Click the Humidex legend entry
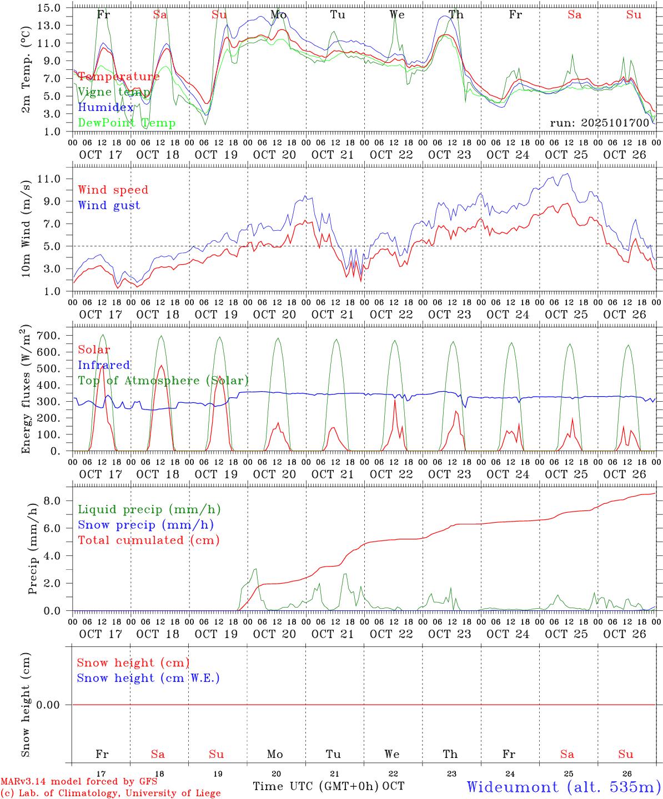106,108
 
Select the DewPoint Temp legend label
127,123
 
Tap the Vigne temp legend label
114,92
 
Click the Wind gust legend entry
109,205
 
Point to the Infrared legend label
104,365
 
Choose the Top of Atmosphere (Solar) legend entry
163,381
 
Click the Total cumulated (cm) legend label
149,540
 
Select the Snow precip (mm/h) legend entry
145,525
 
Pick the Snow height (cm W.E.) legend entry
148,678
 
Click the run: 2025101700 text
600,123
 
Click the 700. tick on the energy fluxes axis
50,336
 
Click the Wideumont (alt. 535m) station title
563,787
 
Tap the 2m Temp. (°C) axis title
26,75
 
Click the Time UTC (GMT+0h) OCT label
328,786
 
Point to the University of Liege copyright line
110,793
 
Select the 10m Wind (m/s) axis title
26,229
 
